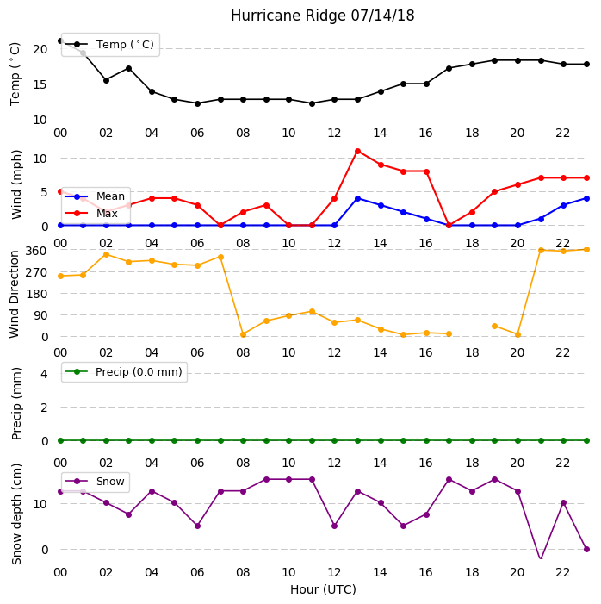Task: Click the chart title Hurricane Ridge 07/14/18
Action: tap(322, 16)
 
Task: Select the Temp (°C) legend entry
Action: tap(109, 45)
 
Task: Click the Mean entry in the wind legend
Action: tap(95, 196)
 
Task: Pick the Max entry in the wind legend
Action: tap(91, 213)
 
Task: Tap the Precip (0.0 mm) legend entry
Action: tap(123, 372)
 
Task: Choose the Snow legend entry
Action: tap(95, 482)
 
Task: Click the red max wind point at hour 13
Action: tap(357, 152)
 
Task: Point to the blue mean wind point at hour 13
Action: tap(357, 199)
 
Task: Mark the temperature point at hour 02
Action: tap(106, 80)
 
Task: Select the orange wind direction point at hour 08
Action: tap(244, 335)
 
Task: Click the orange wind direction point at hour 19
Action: tap(495, 327)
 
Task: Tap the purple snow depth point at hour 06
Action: tap(197, 526)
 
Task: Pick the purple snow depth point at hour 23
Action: tap(586, 550)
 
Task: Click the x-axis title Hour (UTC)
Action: tap(323, 589)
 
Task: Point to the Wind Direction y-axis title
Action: tap(15, 295)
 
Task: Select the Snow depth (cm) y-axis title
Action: tap(16, 514)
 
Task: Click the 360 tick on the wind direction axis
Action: tap(36, 251)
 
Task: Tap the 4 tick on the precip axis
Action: tap(44, 374)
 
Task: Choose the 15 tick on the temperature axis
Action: tap(40, 84)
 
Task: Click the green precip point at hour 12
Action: tap(335, 440)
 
